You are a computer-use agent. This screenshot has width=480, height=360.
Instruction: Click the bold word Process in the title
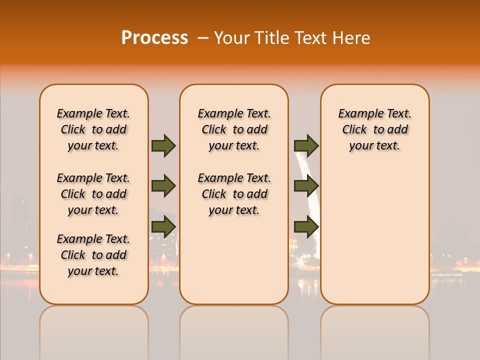(154, 37)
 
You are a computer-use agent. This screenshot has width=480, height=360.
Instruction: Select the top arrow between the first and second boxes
(163, 146)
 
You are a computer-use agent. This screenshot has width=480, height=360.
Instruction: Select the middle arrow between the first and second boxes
(163, 186)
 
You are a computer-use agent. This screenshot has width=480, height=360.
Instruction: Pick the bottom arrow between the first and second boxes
(163, 227)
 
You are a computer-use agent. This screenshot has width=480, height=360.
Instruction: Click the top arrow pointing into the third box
(306, 146)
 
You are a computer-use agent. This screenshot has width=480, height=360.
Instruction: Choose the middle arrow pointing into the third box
(306, 186)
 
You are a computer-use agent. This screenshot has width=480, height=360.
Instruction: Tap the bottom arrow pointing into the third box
(306, 227)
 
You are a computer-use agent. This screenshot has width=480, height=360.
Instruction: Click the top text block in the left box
(93, 129)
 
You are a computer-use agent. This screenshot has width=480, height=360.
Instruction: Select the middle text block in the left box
(93, 194)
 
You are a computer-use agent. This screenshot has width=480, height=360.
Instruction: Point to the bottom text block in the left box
(93, 255)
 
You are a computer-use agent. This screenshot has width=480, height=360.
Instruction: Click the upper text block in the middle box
(234, 129)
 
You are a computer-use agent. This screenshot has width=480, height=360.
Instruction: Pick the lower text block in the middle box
(234, 194)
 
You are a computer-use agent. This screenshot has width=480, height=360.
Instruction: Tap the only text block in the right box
(375, 129)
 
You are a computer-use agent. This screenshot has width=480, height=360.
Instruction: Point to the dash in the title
(203, 38)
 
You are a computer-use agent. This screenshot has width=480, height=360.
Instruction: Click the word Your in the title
(233, 38)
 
